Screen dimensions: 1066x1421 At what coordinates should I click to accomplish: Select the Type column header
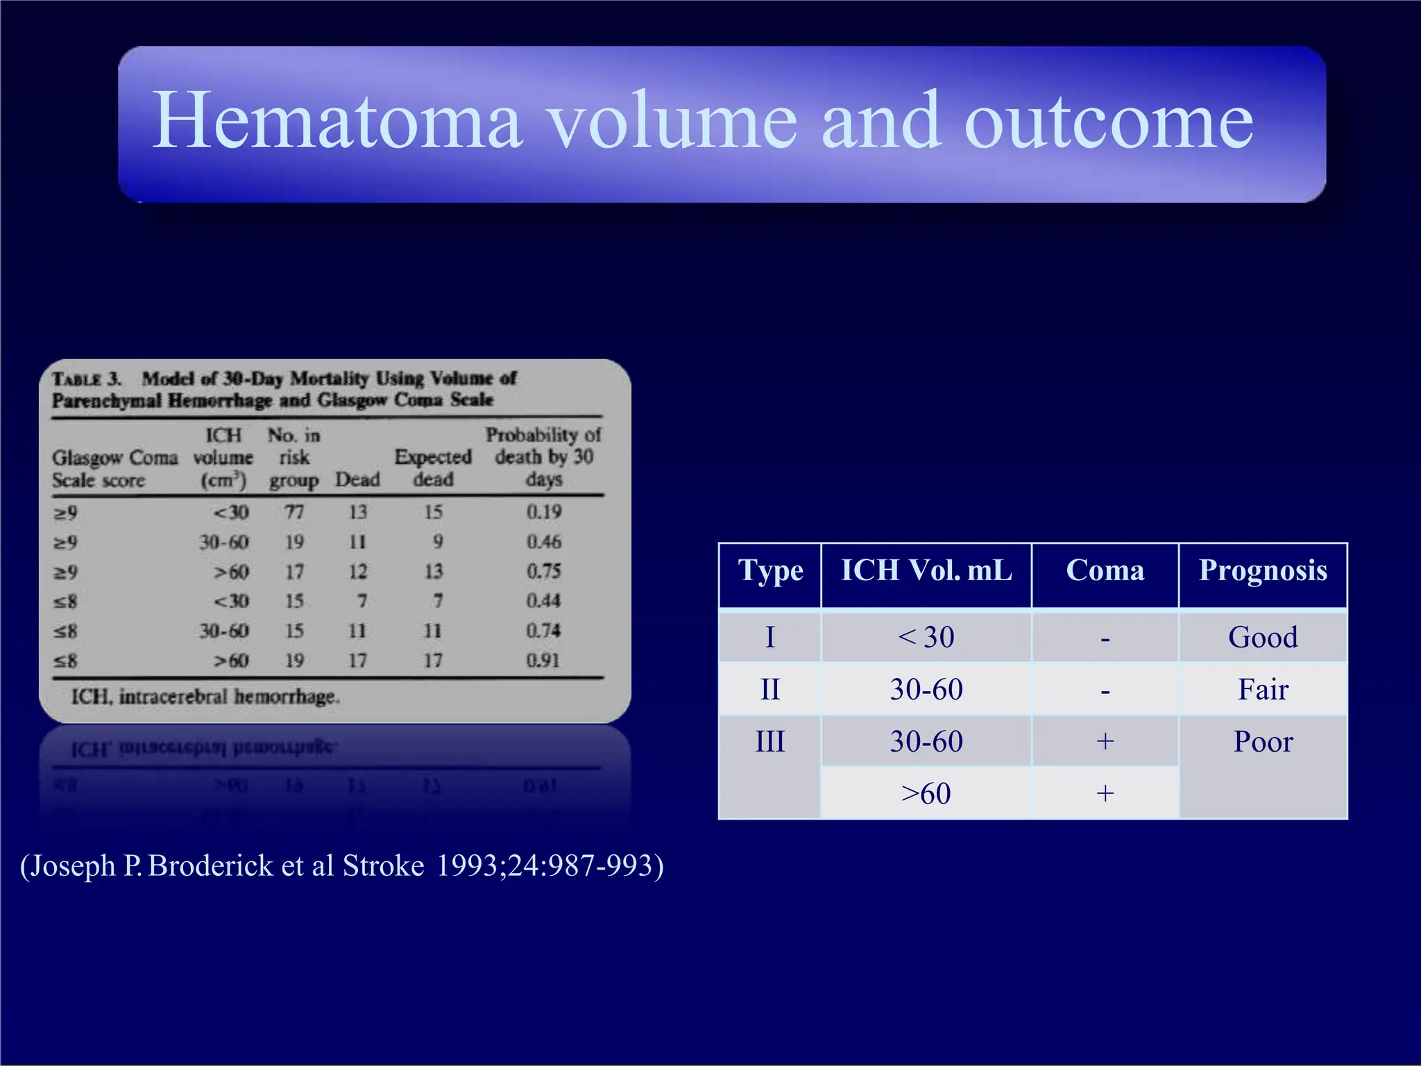[x=770, y=571]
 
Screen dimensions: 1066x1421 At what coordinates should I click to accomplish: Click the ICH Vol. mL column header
[x=926, y=571]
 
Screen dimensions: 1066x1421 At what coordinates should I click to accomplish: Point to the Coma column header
[x=1105, y=571]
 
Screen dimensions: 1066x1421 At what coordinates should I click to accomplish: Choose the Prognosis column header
[x=1263, y=571]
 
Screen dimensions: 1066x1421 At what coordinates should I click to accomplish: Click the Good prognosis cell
[x=1263, y=637]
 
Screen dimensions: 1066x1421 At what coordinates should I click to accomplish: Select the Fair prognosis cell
[x=1263, y=690]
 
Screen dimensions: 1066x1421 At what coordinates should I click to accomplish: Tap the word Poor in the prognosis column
[x=1263, y=742]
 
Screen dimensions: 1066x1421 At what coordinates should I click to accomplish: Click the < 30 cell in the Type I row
[x=926, y=637]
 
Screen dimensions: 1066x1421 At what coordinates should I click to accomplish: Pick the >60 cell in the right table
[x=926, y=793]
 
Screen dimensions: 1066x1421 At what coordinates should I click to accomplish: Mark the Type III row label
[x=770, y=742]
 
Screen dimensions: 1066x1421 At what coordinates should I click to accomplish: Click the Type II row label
[x=770, y=690]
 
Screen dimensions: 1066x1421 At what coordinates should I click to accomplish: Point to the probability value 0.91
[x=543, y=660]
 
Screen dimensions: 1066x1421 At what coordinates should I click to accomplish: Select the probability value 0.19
[x=543, y=512]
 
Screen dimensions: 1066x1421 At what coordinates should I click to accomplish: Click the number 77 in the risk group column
[x=294, y=512]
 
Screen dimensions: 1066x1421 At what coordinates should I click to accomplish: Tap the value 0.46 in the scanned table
[x=543, y=542]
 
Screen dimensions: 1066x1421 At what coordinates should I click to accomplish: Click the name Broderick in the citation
[x=211, y=866]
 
